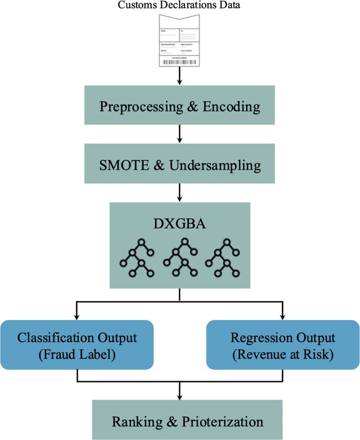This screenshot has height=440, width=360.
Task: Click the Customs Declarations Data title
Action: coord(180,6)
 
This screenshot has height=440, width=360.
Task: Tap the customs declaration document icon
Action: coord(180,41)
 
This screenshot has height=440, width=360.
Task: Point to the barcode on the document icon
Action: coord(180,62)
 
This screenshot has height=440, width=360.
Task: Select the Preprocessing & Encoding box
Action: coord(180,107)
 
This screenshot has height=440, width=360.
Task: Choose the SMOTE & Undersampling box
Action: coord(180,165)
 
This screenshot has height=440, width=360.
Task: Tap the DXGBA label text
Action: coord(180,224)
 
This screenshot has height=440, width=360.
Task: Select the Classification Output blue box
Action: coord(77,344)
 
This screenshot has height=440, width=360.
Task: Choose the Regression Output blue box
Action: coord(283,344)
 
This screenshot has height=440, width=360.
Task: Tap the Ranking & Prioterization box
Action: coord(180,421)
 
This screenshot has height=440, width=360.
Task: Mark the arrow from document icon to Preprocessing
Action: coord(180,77)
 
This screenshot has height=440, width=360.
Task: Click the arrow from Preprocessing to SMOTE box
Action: coord(180,135)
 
